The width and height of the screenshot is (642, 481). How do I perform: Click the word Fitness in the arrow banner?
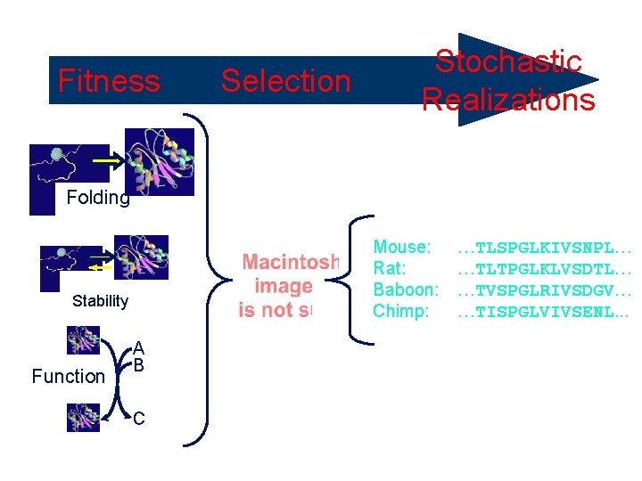pos(109,81)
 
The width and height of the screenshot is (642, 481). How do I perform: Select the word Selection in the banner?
pos(285,81)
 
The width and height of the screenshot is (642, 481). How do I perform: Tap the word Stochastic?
pos(507,61)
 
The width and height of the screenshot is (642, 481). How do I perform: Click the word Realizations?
pos(507,100)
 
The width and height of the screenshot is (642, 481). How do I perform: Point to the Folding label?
pos(98,198)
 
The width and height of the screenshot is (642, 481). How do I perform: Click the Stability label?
pos(100,301)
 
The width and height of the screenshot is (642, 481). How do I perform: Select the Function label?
pos(68,377)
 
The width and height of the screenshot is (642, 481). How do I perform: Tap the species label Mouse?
pos(402,247)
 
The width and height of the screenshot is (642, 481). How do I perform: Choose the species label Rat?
pos(390,268)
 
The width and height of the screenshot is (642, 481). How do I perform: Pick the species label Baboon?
pos(406,289)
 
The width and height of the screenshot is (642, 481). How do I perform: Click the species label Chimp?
pos(401,311)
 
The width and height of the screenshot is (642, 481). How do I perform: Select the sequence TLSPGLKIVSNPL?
pos(545,248)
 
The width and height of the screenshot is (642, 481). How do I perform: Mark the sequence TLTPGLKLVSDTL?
pos(545,269)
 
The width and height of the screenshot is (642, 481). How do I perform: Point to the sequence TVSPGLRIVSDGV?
pos(545,290)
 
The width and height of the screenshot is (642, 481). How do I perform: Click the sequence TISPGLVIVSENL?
pos(545,312)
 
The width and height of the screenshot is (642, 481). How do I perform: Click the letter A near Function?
pos(139,347)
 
